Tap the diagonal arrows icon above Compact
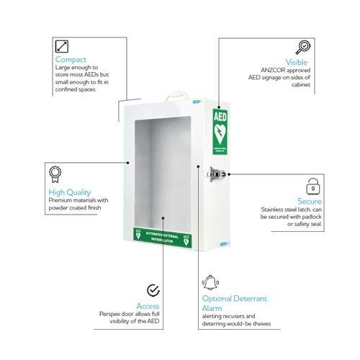(63, 45)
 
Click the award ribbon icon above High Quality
(55, 174)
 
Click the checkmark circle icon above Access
(153, 290)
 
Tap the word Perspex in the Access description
(111, 314)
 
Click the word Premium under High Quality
(60, 202)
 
